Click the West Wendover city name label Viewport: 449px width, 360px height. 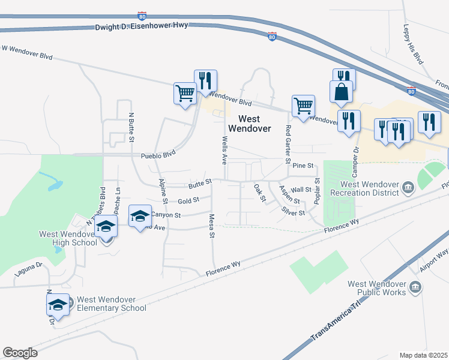pyautogui.click(x=254, y=124)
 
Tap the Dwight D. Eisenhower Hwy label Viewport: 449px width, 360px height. pyautogui.click(x=142, y=26)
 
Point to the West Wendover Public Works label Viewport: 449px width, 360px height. pyautogui.click(x=378, y=289)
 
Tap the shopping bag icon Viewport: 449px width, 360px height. pyautogui.click(x=341, y=92)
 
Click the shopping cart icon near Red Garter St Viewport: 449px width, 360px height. pyautogui.click(x=304, y=105)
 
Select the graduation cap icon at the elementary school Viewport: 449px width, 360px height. pyautogui.click(x=58, y=305)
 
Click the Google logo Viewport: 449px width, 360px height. pyautogui.click(x=20, y=353)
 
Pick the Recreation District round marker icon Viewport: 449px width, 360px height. pyautogui.click(x=408, y=188)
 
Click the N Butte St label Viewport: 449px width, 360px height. pyautogui.click(x=130, y=128)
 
